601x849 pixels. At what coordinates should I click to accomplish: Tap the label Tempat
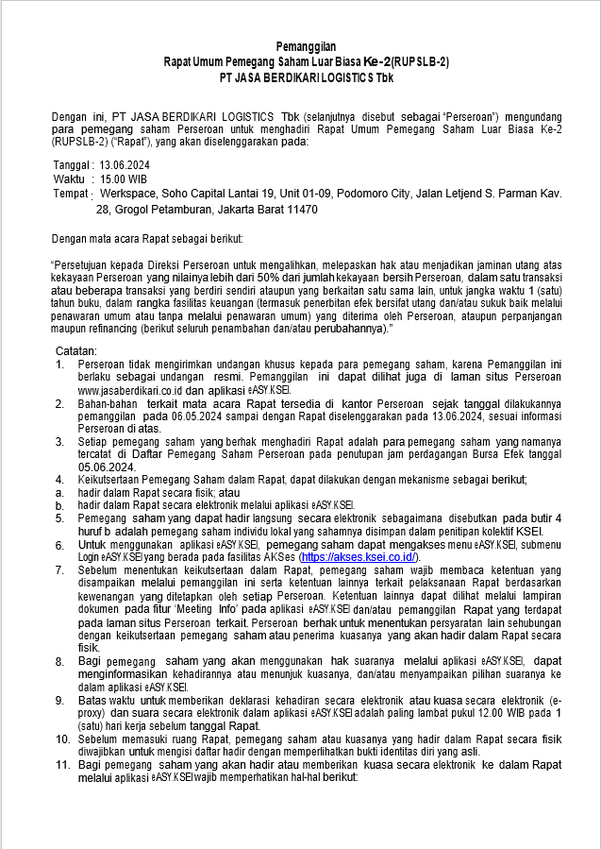[x=72, y=193]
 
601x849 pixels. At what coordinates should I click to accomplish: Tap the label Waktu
[x=70, y=178]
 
